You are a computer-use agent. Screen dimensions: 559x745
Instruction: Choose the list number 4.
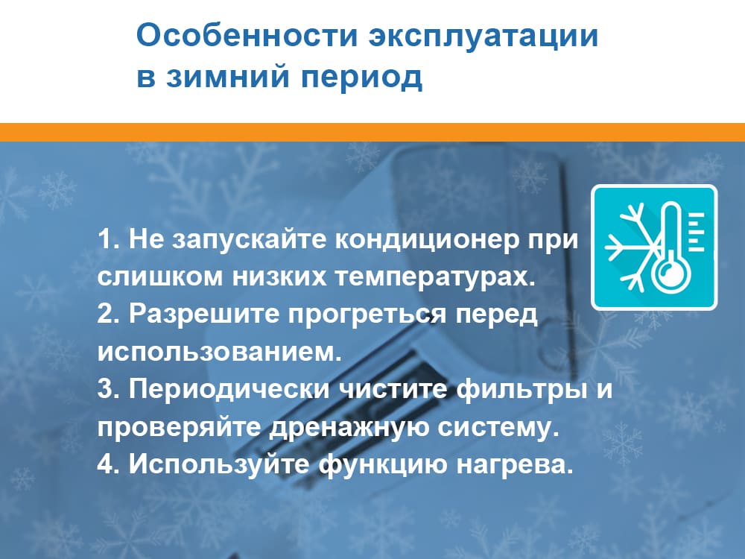(105, 464)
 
